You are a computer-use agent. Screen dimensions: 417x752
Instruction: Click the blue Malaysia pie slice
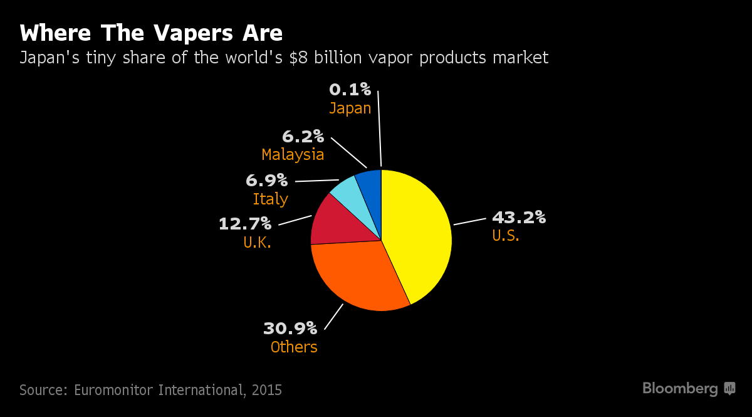(370, 185)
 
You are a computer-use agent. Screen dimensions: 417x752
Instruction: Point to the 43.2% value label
(518, 218)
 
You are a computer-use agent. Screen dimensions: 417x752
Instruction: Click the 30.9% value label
(290, 328)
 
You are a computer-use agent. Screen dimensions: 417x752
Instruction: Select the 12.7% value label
(244, 223)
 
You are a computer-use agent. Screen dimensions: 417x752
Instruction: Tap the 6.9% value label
(266, 181)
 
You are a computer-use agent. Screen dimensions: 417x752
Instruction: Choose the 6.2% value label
(303, 135)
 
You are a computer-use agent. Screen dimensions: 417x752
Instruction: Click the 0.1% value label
(350, 90)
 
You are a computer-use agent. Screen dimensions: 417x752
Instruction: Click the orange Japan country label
(350, 108)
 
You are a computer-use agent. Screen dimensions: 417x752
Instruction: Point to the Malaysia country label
(293, 154)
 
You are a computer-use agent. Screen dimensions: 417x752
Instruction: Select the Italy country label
(270, 199)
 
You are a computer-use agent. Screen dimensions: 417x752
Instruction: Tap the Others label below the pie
(294, 347)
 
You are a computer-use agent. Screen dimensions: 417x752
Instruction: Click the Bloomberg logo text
(680, 389)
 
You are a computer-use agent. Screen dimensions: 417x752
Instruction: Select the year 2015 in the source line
(267, 390)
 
